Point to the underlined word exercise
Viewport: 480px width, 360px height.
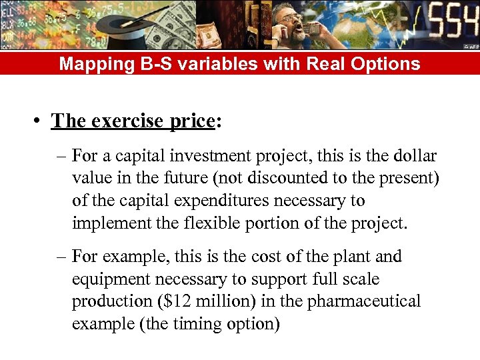pyautogui.click(x=125, y=121)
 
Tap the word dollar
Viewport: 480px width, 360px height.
pyautogui.click(x=413, y=156)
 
